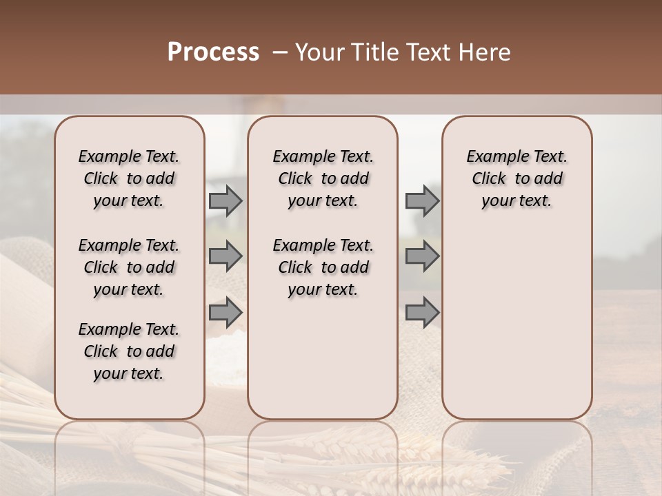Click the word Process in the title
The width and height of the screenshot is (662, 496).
[x=213, y=52]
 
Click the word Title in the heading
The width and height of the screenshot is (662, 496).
[x=371, y=52]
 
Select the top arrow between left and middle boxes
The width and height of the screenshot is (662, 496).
[x=225, y=200]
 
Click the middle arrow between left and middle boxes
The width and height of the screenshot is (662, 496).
[x=225, y=256]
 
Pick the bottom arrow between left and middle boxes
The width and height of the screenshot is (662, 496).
[x=225, y=312]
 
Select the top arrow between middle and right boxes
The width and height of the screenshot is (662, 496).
[x=422, y=200]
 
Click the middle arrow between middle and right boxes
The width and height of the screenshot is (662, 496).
[x=422, y=256]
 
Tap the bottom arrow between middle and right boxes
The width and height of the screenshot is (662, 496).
[x=422, y=312]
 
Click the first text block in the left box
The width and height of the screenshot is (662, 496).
[x=129, y=178]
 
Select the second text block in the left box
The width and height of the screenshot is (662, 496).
[x=129, y=267]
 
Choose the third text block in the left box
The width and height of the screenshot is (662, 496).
[x=129, y=351]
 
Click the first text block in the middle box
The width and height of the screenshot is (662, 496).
[x=323, y=178]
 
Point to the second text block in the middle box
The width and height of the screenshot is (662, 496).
[x=323, y=267]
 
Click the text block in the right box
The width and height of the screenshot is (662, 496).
[x=516, y=178]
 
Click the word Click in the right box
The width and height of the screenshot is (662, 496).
[x=489, y=179]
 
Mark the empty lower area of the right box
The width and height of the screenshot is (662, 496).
[x=516, y=317]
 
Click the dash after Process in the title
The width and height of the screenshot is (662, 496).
[x=279, y=52]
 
